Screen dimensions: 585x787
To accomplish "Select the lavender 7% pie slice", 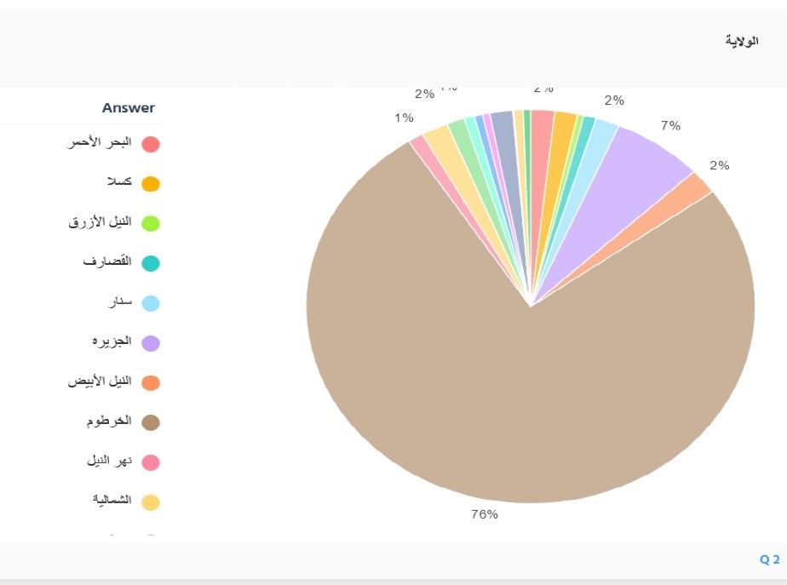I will [639, 162].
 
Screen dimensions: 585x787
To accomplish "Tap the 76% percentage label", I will [485, 514].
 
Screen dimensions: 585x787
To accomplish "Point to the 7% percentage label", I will [670, 126].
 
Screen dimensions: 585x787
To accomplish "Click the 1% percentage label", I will [404, 118].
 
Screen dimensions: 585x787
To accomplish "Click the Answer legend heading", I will [129, 108].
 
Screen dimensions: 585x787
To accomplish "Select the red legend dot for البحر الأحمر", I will [151, 144].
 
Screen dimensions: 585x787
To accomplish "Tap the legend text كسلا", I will [115, 182].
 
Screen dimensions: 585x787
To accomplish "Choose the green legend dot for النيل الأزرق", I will [151, 224].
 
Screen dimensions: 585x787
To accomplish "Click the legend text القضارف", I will [107, 261].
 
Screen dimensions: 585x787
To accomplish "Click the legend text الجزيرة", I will [112, 341].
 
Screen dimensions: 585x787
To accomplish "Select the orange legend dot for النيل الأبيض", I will [151, 383].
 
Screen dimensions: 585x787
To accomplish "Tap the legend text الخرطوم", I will [109, 422].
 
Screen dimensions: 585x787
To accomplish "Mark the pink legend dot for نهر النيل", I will [151, 462].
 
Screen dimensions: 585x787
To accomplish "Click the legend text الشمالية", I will [112, 500].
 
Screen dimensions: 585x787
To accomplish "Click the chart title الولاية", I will [741, 40].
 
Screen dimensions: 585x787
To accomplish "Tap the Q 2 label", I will [769, 559].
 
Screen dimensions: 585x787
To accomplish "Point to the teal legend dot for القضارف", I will [151, 264].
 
